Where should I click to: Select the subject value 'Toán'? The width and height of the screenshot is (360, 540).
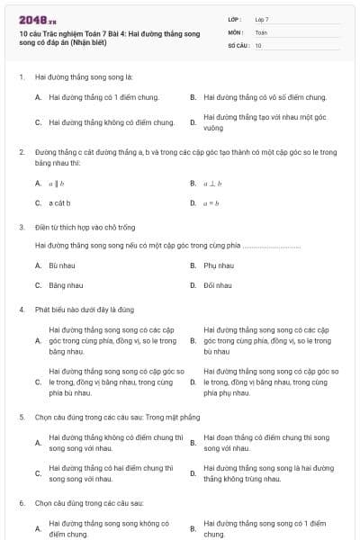(x=261, y=31)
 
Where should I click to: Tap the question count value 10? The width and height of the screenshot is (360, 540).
(x=258, y=44)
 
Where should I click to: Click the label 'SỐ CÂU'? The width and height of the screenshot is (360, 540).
(x=238, y=44)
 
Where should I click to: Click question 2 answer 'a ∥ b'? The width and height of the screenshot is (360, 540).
(x=56, y=184)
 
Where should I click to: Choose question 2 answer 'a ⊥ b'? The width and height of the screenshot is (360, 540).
(x=212, y=184)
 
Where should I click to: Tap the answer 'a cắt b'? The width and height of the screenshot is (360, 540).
(x=59, y=203)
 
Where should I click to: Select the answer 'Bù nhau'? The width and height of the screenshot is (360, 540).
(x=62, y=265)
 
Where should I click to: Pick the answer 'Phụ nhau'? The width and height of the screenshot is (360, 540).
(x=219, y=265)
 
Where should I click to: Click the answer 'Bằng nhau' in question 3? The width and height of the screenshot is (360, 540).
(x=66, y=285)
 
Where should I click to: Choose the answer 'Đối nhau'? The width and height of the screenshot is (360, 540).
(x=218, y=285)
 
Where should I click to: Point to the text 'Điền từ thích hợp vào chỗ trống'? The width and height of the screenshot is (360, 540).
(x=79, y=227)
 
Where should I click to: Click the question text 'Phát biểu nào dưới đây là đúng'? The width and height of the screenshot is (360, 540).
(x=86, y=310)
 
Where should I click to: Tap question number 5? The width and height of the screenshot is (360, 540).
(x=22, y=417)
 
